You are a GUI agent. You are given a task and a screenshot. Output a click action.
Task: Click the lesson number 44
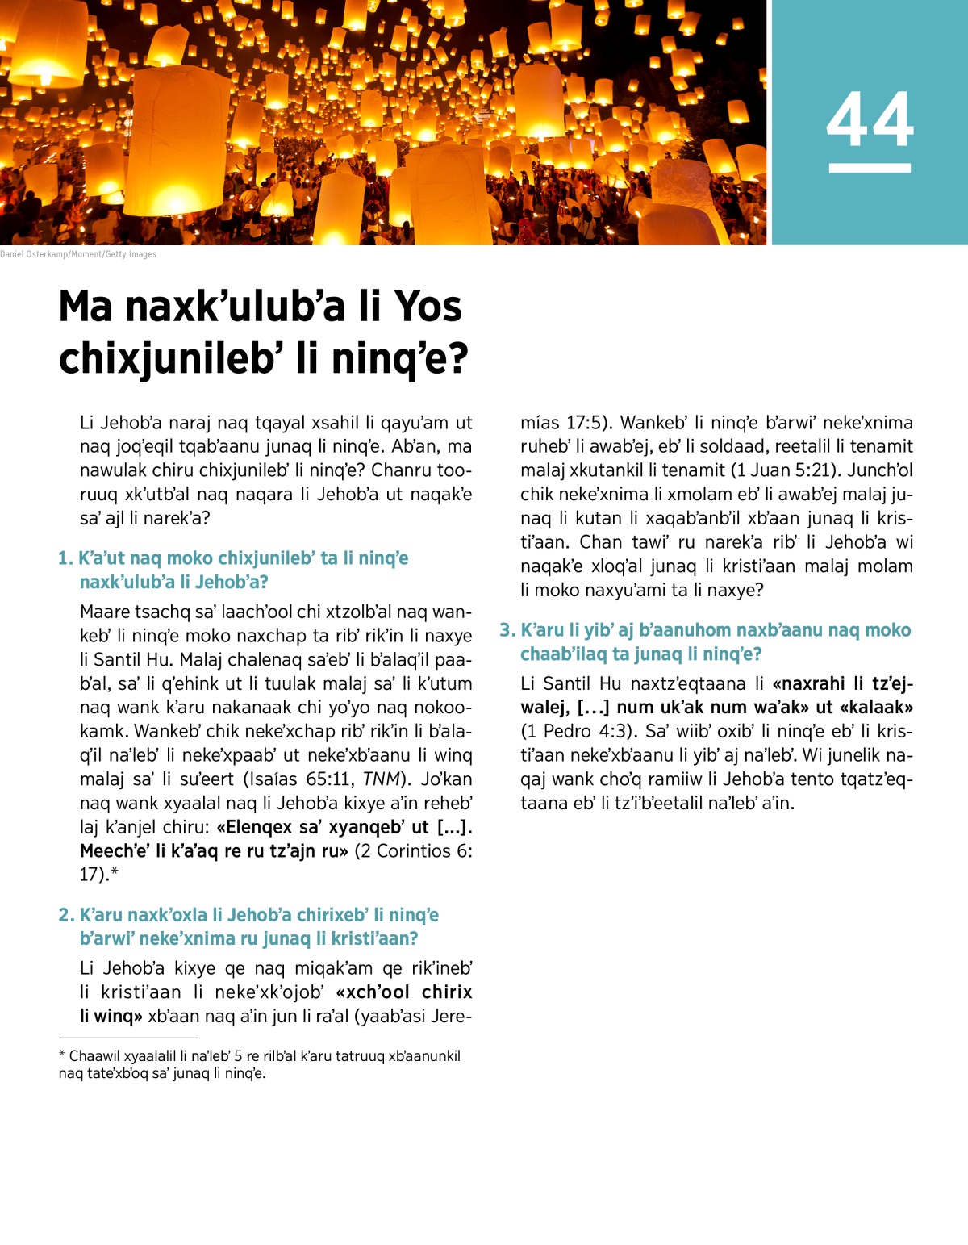click(x=870, y=119)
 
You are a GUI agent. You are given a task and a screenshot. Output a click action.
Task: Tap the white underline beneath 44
click(x=870, y=168)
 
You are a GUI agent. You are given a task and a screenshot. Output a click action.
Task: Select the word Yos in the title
click(x=428, y=307)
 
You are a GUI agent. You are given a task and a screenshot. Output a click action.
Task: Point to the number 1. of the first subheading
click(x=65, y=558)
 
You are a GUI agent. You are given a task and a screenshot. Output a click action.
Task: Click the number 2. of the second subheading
click(x=66, y=915)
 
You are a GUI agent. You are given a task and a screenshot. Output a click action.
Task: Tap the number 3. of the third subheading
click(x=507, y=630)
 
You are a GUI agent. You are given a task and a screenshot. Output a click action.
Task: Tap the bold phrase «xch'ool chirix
click(x=404, y=992)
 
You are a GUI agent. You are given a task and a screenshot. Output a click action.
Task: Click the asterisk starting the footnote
click(x=62, y=1055)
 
